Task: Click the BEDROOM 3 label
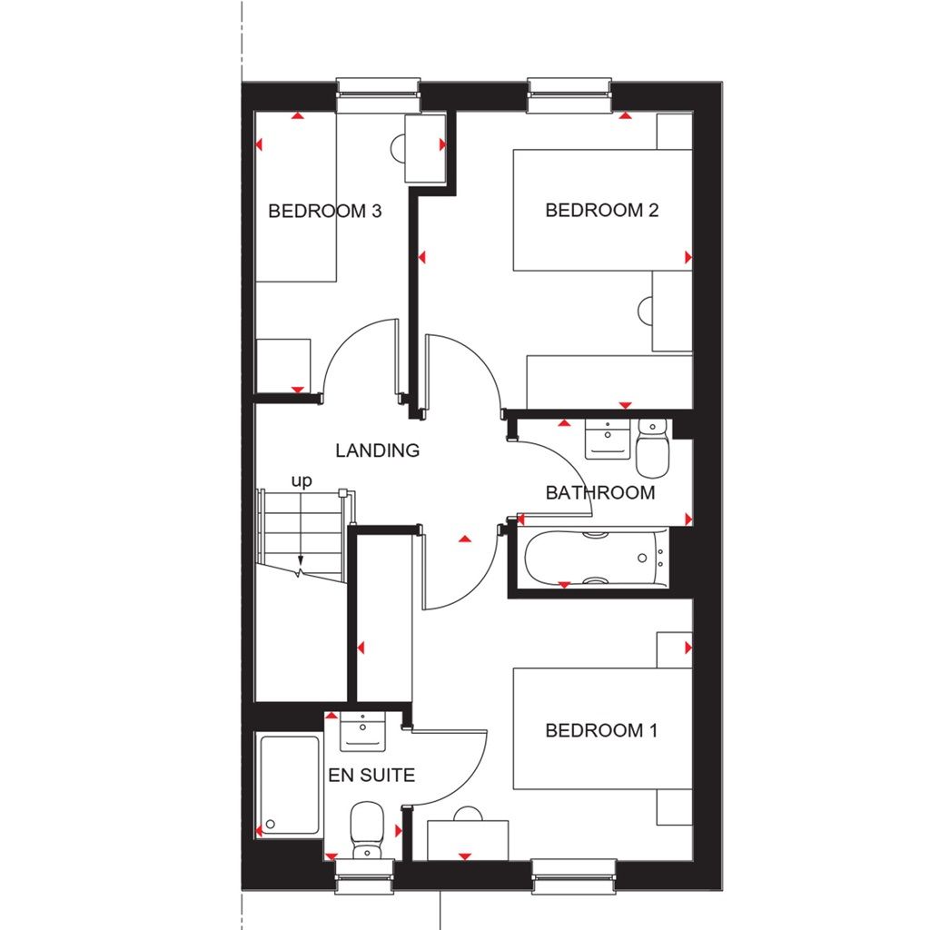click(324, 212)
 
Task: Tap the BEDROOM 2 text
click(601, 211)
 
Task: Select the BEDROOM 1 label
click(601, 730)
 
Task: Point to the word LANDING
click(377, 450)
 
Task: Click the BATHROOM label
click(599, 493)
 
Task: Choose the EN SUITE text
click(371, 776)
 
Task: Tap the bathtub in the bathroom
click(595, 559)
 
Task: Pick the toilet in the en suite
click(367, 828)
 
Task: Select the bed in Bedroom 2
click(602, 211)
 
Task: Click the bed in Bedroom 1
click(602, 729)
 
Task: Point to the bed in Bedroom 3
click(296, 197)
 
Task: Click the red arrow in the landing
click(465, 539)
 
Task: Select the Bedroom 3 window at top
click(378, 95)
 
